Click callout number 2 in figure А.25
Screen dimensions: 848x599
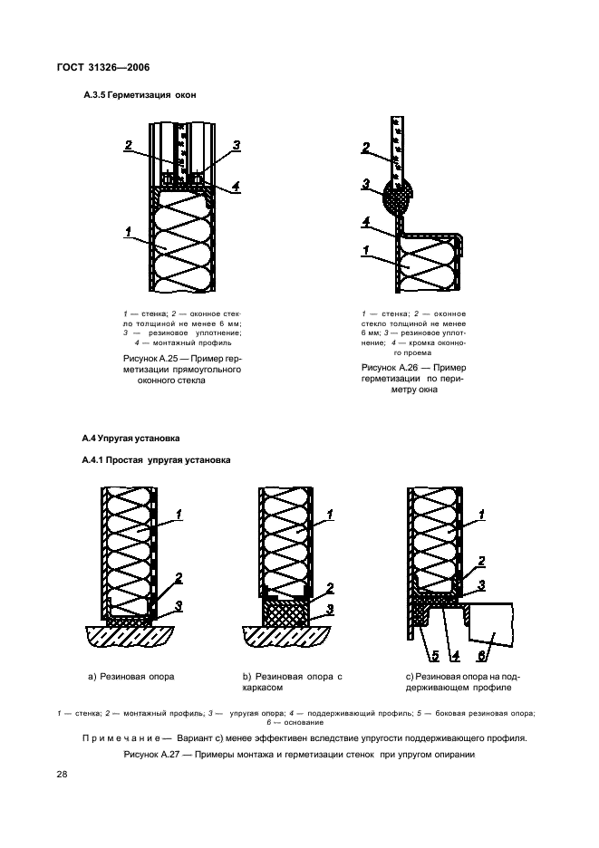[129, 146]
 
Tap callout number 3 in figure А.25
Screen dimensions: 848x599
[236, 146]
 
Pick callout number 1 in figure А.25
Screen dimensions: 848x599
[128, 233]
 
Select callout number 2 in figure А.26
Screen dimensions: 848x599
[365, 148]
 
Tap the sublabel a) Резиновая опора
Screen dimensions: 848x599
[131, 676]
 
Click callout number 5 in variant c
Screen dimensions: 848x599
[422, 655]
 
